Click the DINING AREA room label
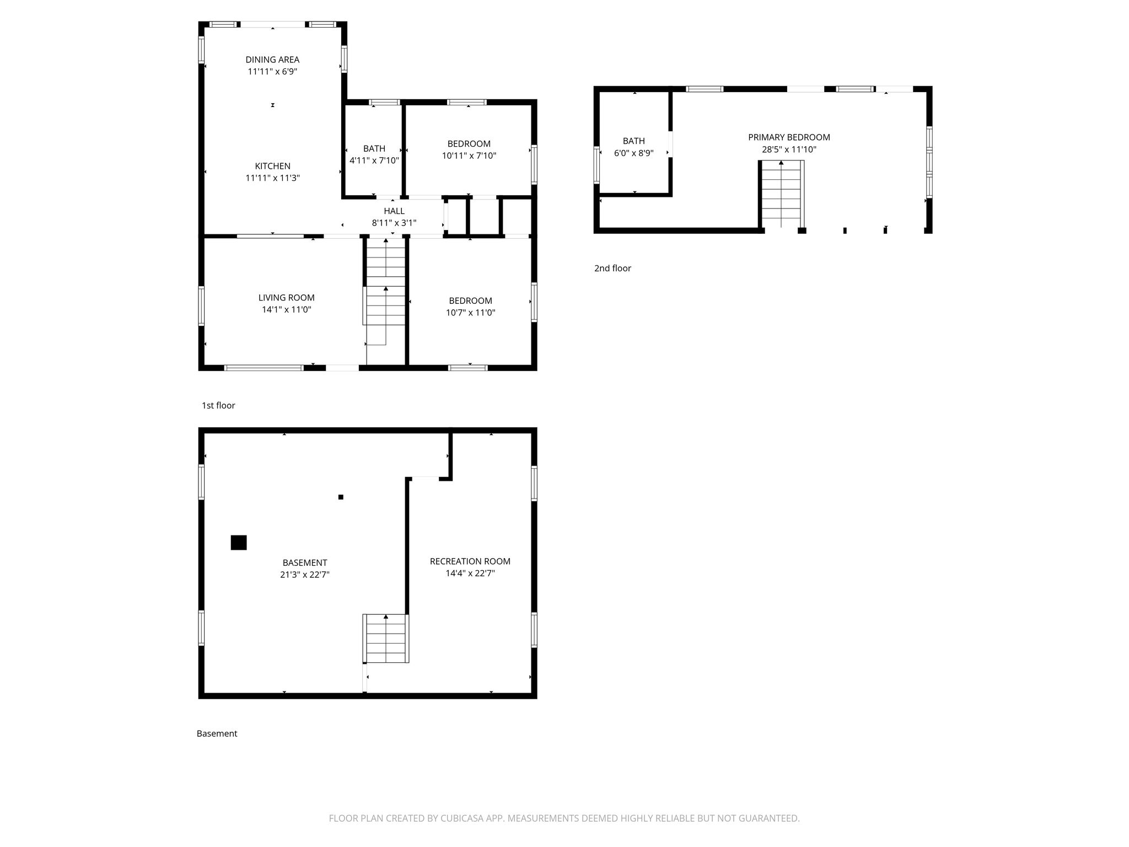(272, 60)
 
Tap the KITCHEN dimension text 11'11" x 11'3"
(272, 178)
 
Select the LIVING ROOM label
(287, 298)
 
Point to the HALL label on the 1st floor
(394, 211)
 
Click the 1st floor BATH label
(374, 149)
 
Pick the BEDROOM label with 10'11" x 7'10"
(469, 144)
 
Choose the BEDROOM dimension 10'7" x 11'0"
(471, 313)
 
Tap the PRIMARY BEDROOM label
(789, 137)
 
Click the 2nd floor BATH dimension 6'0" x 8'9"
(634, 153)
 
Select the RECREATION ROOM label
(470, 561)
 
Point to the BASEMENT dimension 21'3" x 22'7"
(305, 575)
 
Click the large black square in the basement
(239, 543)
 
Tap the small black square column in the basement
(341, 497)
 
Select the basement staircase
(386, 639)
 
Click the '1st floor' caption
(218, 406)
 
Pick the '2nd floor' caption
(612, 269)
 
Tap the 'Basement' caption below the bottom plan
(217, 733)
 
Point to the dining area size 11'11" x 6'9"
(272, 72)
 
